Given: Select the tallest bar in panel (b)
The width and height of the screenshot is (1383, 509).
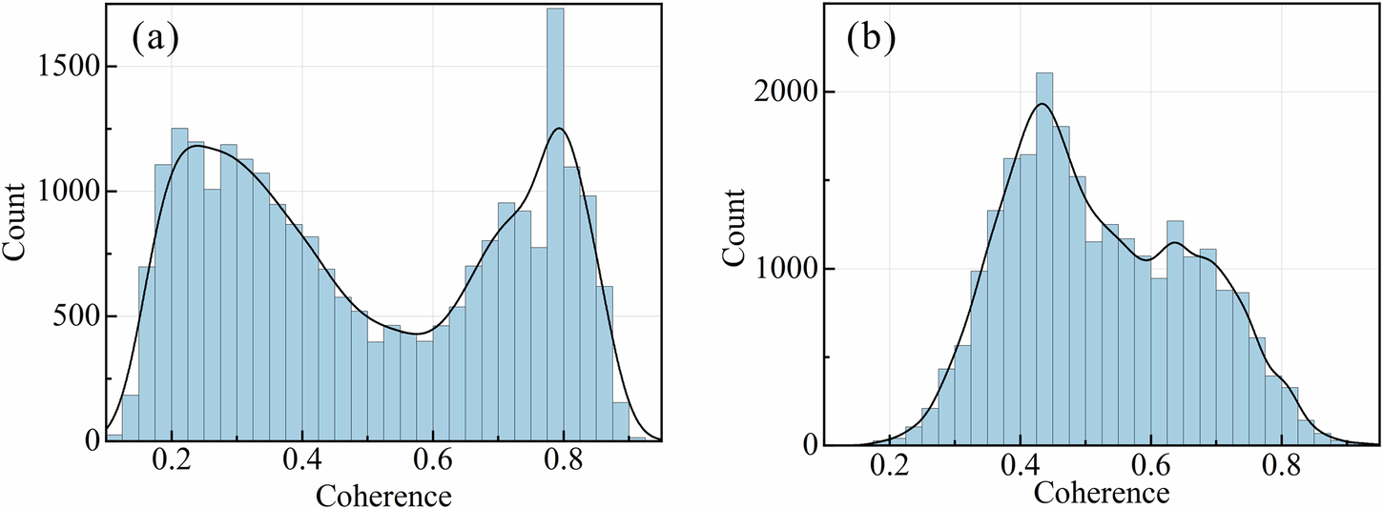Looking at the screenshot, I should [x=1044, y=257].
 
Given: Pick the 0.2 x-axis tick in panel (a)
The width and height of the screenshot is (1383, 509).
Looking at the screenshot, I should [x=173, y=465].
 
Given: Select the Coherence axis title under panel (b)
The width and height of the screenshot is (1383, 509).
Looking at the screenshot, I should [x=1100, y=493].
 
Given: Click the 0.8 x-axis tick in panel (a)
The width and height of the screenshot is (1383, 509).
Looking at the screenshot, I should [x=564, y=465].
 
